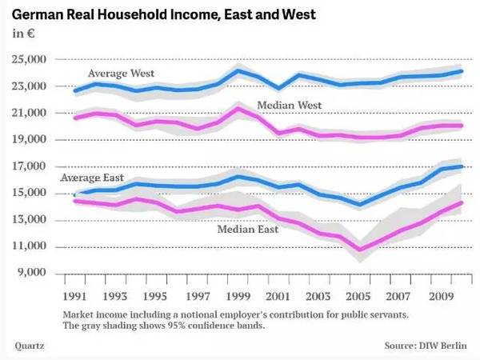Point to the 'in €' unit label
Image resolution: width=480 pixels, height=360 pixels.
[x=23, y=33]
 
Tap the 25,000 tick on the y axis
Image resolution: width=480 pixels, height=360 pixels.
[x=29, y=60]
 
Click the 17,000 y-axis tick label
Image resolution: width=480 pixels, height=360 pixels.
[x=29, y=167]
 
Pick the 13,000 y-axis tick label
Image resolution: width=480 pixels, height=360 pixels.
[x=29, y=221]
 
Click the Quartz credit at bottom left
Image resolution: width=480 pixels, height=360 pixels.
[x=30, y=346]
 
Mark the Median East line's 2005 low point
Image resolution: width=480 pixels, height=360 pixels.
[x=360, y=250]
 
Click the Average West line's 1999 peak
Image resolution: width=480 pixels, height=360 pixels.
[x=238, y=70]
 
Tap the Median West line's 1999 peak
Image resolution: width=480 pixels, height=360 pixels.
[x=238, y=109]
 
